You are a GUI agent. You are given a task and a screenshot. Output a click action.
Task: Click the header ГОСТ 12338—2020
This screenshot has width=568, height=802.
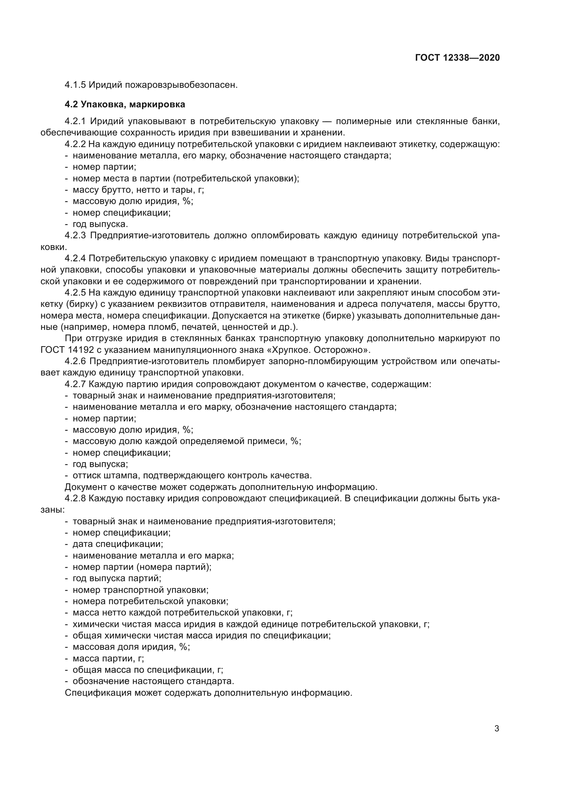pyautogui.click(x=457, y=58)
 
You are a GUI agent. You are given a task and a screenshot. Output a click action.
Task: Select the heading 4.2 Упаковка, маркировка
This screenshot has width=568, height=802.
pyautogui.click(x=125, y=104)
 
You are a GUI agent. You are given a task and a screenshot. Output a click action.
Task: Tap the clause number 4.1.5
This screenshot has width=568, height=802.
pyautogui.click(x=75, y=85)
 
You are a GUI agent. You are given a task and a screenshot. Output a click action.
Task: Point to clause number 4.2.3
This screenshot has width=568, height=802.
pyautogui.click(x=75, y=236)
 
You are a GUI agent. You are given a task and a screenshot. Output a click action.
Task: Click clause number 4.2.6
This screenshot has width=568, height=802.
pyautogui.click(x=75, y=361)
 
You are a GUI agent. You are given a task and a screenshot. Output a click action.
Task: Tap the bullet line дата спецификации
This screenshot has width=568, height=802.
pyautogui.click(x=117, y=544)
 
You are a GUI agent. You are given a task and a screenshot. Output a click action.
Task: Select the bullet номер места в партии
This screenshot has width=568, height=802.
pyautogui.click(x=185, y=179)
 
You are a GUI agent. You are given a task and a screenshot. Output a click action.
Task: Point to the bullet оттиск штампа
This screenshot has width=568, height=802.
pyautogui.click(x=192, y=475)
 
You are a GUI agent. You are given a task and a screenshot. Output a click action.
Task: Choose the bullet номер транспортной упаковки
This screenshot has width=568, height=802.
pyautogui.click(x=140, y=590)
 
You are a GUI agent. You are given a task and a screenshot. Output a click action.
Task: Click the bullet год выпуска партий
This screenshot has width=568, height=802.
pyautogui.click(x=117, y=578)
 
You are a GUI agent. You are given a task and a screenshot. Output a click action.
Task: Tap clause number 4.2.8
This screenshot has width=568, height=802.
pyautogui.click(x=75, y=498)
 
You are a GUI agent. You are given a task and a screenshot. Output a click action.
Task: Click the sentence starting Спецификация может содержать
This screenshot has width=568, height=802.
pyautogui.click(x=208, y=693)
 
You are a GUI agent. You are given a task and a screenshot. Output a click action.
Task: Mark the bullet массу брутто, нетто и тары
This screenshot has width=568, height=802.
pyautogui.click(x=138, y=190)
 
